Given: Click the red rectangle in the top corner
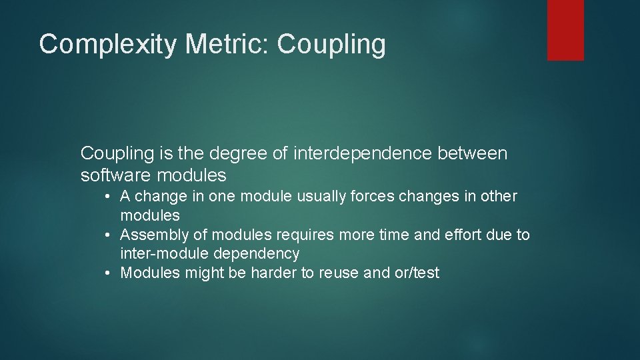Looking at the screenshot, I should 565,30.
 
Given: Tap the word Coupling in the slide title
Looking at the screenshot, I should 331,45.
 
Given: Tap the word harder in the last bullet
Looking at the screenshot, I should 272,273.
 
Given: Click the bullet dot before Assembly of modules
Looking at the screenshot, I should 107,235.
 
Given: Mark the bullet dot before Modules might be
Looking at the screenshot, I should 107,273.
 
